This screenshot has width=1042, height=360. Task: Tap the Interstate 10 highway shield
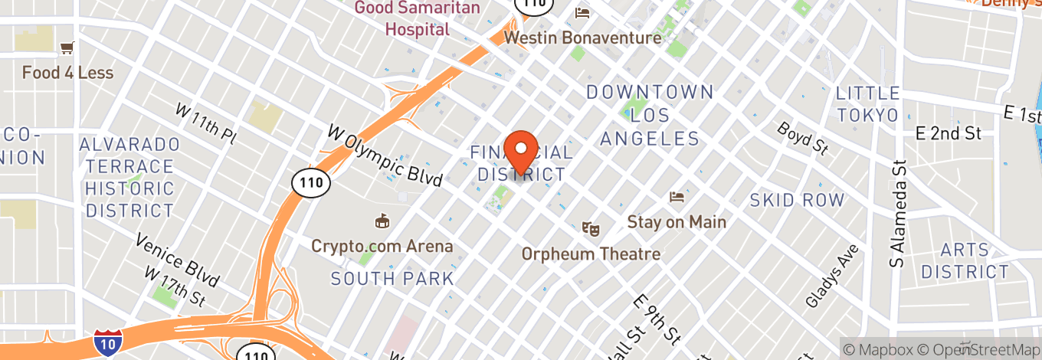coord(106,344)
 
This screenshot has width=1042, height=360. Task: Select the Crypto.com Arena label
coord(382,247)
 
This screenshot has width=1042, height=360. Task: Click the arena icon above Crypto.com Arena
coord(381,222)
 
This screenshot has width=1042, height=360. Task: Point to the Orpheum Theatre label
coord(591,254)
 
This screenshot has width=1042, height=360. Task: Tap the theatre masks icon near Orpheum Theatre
coord(591,228)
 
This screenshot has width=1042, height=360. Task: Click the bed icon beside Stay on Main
coord(677,198)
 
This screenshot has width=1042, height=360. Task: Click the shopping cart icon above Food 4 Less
coord(67,48)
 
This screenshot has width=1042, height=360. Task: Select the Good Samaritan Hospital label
coord(418,19)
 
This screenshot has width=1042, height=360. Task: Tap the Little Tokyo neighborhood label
coord(867,104)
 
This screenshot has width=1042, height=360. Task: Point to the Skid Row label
coord(797,201)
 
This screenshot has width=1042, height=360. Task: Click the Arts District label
coord(965,261)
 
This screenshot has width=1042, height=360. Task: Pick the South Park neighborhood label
coord(393,278)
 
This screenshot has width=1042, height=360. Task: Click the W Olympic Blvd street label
coord(385,155)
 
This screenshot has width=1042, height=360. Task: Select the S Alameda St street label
coord(897,213)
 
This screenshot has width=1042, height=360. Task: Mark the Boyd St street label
coord(803,139)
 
